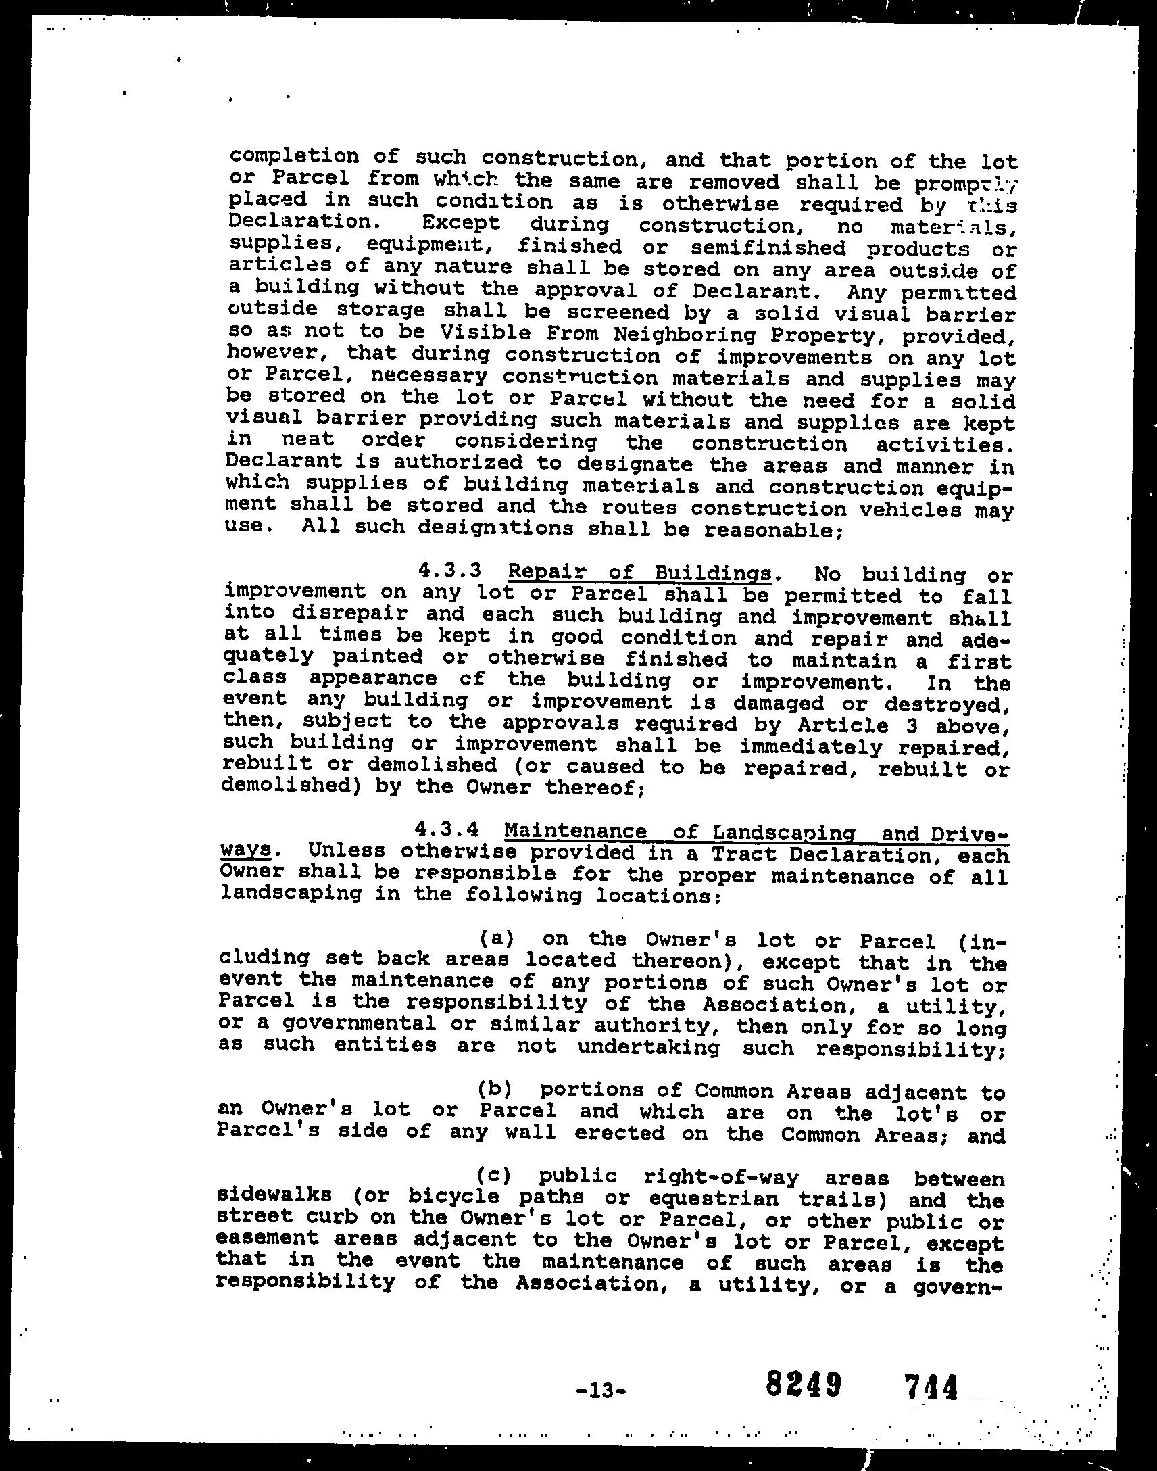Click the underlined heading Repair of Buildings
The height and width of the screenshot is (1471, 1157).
639,573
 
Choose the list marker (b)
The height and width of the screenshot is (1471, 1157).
494,1090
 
